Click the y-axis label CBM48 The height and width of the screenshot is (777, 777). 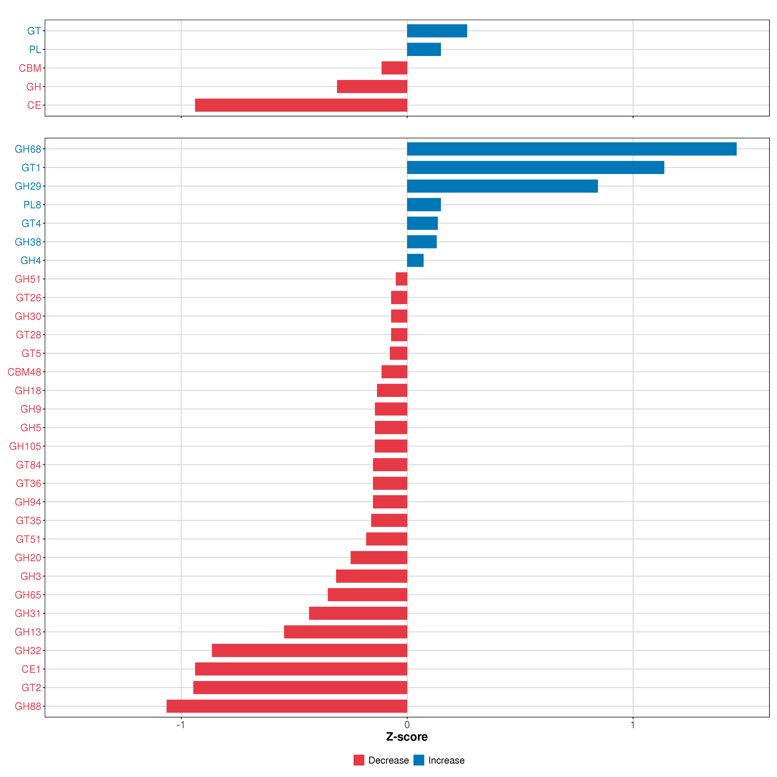[x=24, y=372]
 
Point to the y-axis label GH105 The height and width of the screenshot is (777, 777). [x=25, y=446]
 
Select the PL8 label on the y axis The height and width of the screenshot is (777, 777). [x=32, y=205]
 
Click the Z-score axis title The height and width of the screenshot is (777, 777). [x=407, y=737]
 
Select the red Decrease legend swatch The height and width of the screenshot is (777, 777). [x=359, y=760]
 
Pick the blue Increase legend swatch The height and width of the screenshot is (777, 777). [x=419, y=760]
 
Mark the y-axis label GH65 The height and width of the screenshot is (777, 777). [x=28, y=595]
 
